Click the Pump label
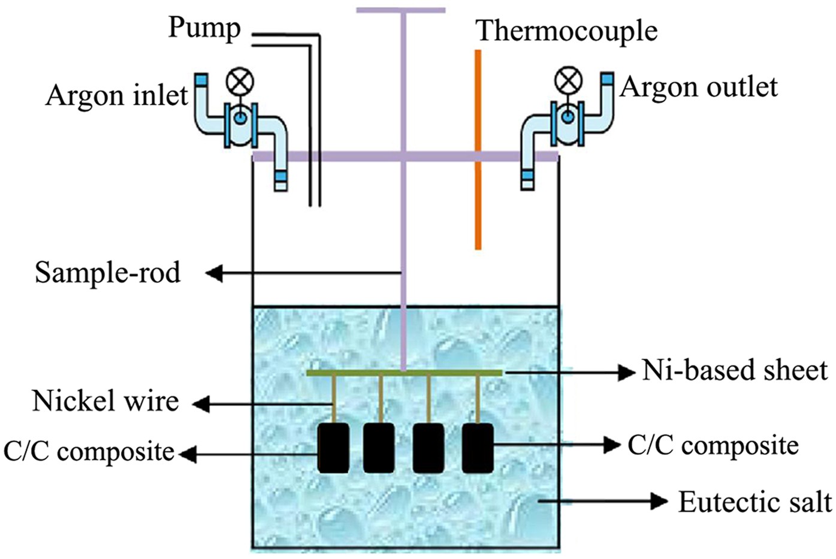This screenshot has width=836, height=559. [204, 28]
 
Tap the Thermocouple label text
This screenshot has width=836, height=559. [566, 31]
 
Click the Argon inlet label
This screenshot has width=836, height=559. [117, 95]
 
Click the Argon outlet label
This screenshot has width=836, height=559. [699, 87]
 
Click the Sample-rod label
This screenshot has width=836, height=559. [108, 273]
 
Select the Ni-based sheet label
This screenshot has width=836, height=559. [735, 371]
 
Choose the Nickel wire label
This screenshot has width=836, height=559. [105, 401]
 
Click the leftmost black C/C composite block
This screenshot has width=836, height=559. [333, 448]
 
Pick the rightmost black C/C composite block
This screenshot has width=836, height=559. [478, 448]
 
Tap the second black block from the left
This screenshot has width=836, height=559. [379, 448]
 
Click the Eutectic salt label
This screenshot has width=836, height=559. [754, 502]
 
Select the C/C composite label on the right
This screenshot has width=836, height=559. [713, 446]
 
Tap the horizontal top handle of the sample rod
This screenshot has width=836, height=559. [401, 10]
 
